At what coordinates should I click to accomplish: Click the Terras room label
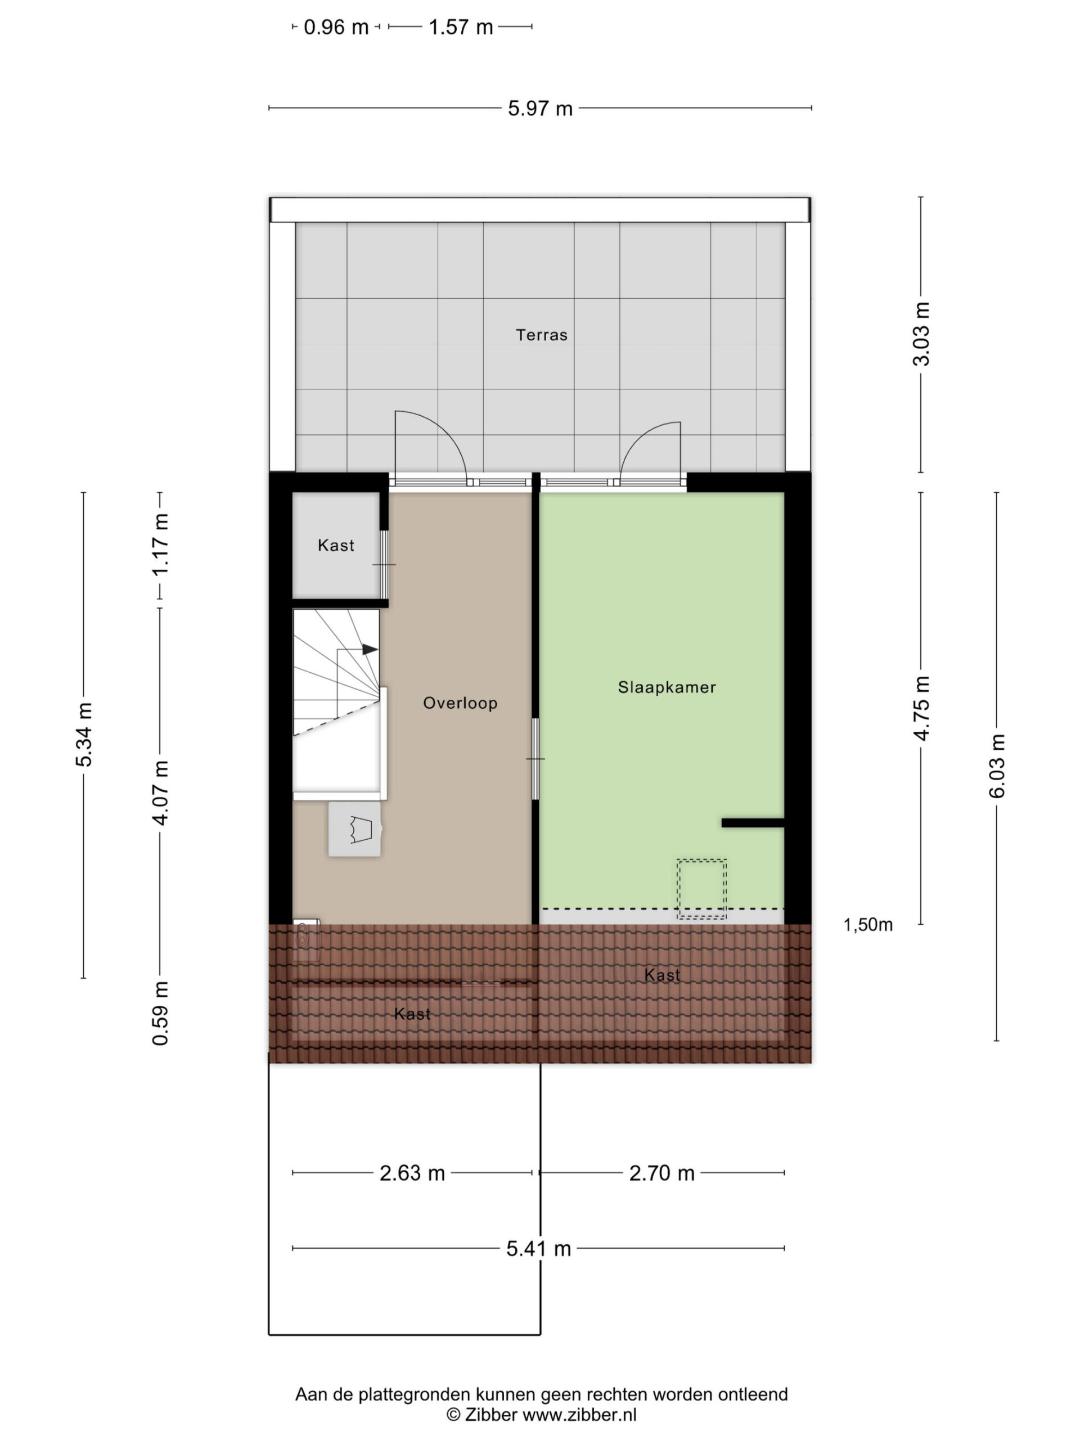pos(541,335)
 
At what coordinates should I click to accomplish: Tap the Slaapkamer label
pos(667,687)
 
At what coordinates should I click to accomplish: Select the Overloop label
pos(460,703)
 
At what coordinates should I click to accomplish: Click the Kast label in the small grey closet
pos(336,546)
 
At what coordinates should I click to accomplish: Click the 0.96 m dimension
pos(336,28)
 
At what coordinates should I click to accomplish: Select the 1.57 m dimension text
pos(460,28)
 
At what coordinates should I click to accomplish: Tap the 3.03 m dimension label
pos(921,334)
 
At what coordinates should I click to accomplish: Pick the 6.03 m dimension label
pos(997,766)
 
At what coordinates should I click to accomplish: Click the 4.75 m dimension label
pos(921,708)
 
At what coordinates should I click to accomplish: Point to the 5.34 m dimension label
pos(84,734)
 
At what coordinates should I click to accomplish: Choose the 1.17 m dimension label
pos(160,544)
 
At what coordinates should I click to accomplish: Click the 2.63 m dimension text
pos(412,1173)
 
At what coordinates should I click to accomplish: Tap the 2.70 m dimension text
pos(661,1173)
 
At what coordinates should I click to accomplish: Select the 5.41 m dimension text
pos(538,1249)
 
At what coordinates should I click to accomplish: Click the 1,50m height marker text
pos(868,925)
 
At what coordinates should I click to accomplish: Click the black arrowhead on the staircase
pos(370,649)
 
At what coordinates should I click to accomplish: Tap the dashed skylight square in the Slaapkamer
pos(702,889)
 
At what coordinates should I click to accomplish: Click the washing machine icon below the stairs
pos(354,829)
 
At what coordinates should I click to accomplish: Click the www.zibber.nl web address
pos(579,1415)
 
